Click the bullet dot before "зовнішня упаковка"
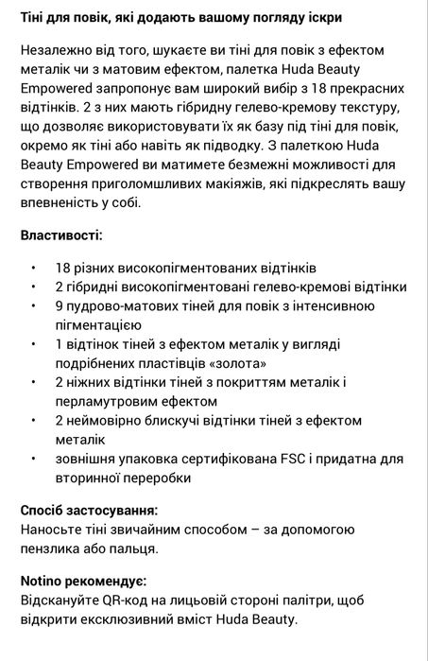point(34,458)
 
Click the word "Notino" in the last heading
point(44,580)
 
